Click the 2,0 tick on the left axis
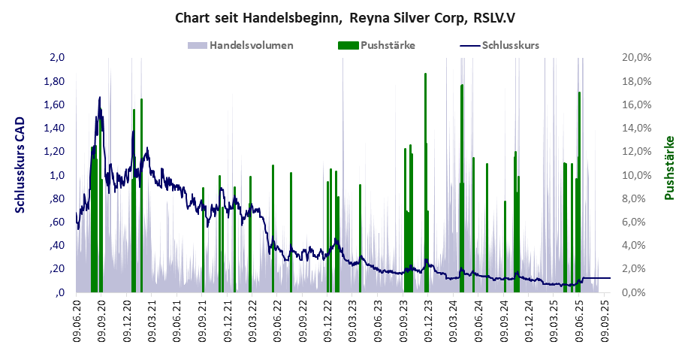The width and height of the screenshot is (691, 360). (x=58, y=58)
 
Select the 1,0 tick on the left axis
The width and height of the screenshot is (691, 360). (x=58, y=175)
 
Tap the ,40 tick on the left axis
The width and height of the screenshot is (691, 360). (x=58, y=246)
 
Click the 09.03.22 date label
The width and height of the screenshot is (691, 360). (x=252, y=322)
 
